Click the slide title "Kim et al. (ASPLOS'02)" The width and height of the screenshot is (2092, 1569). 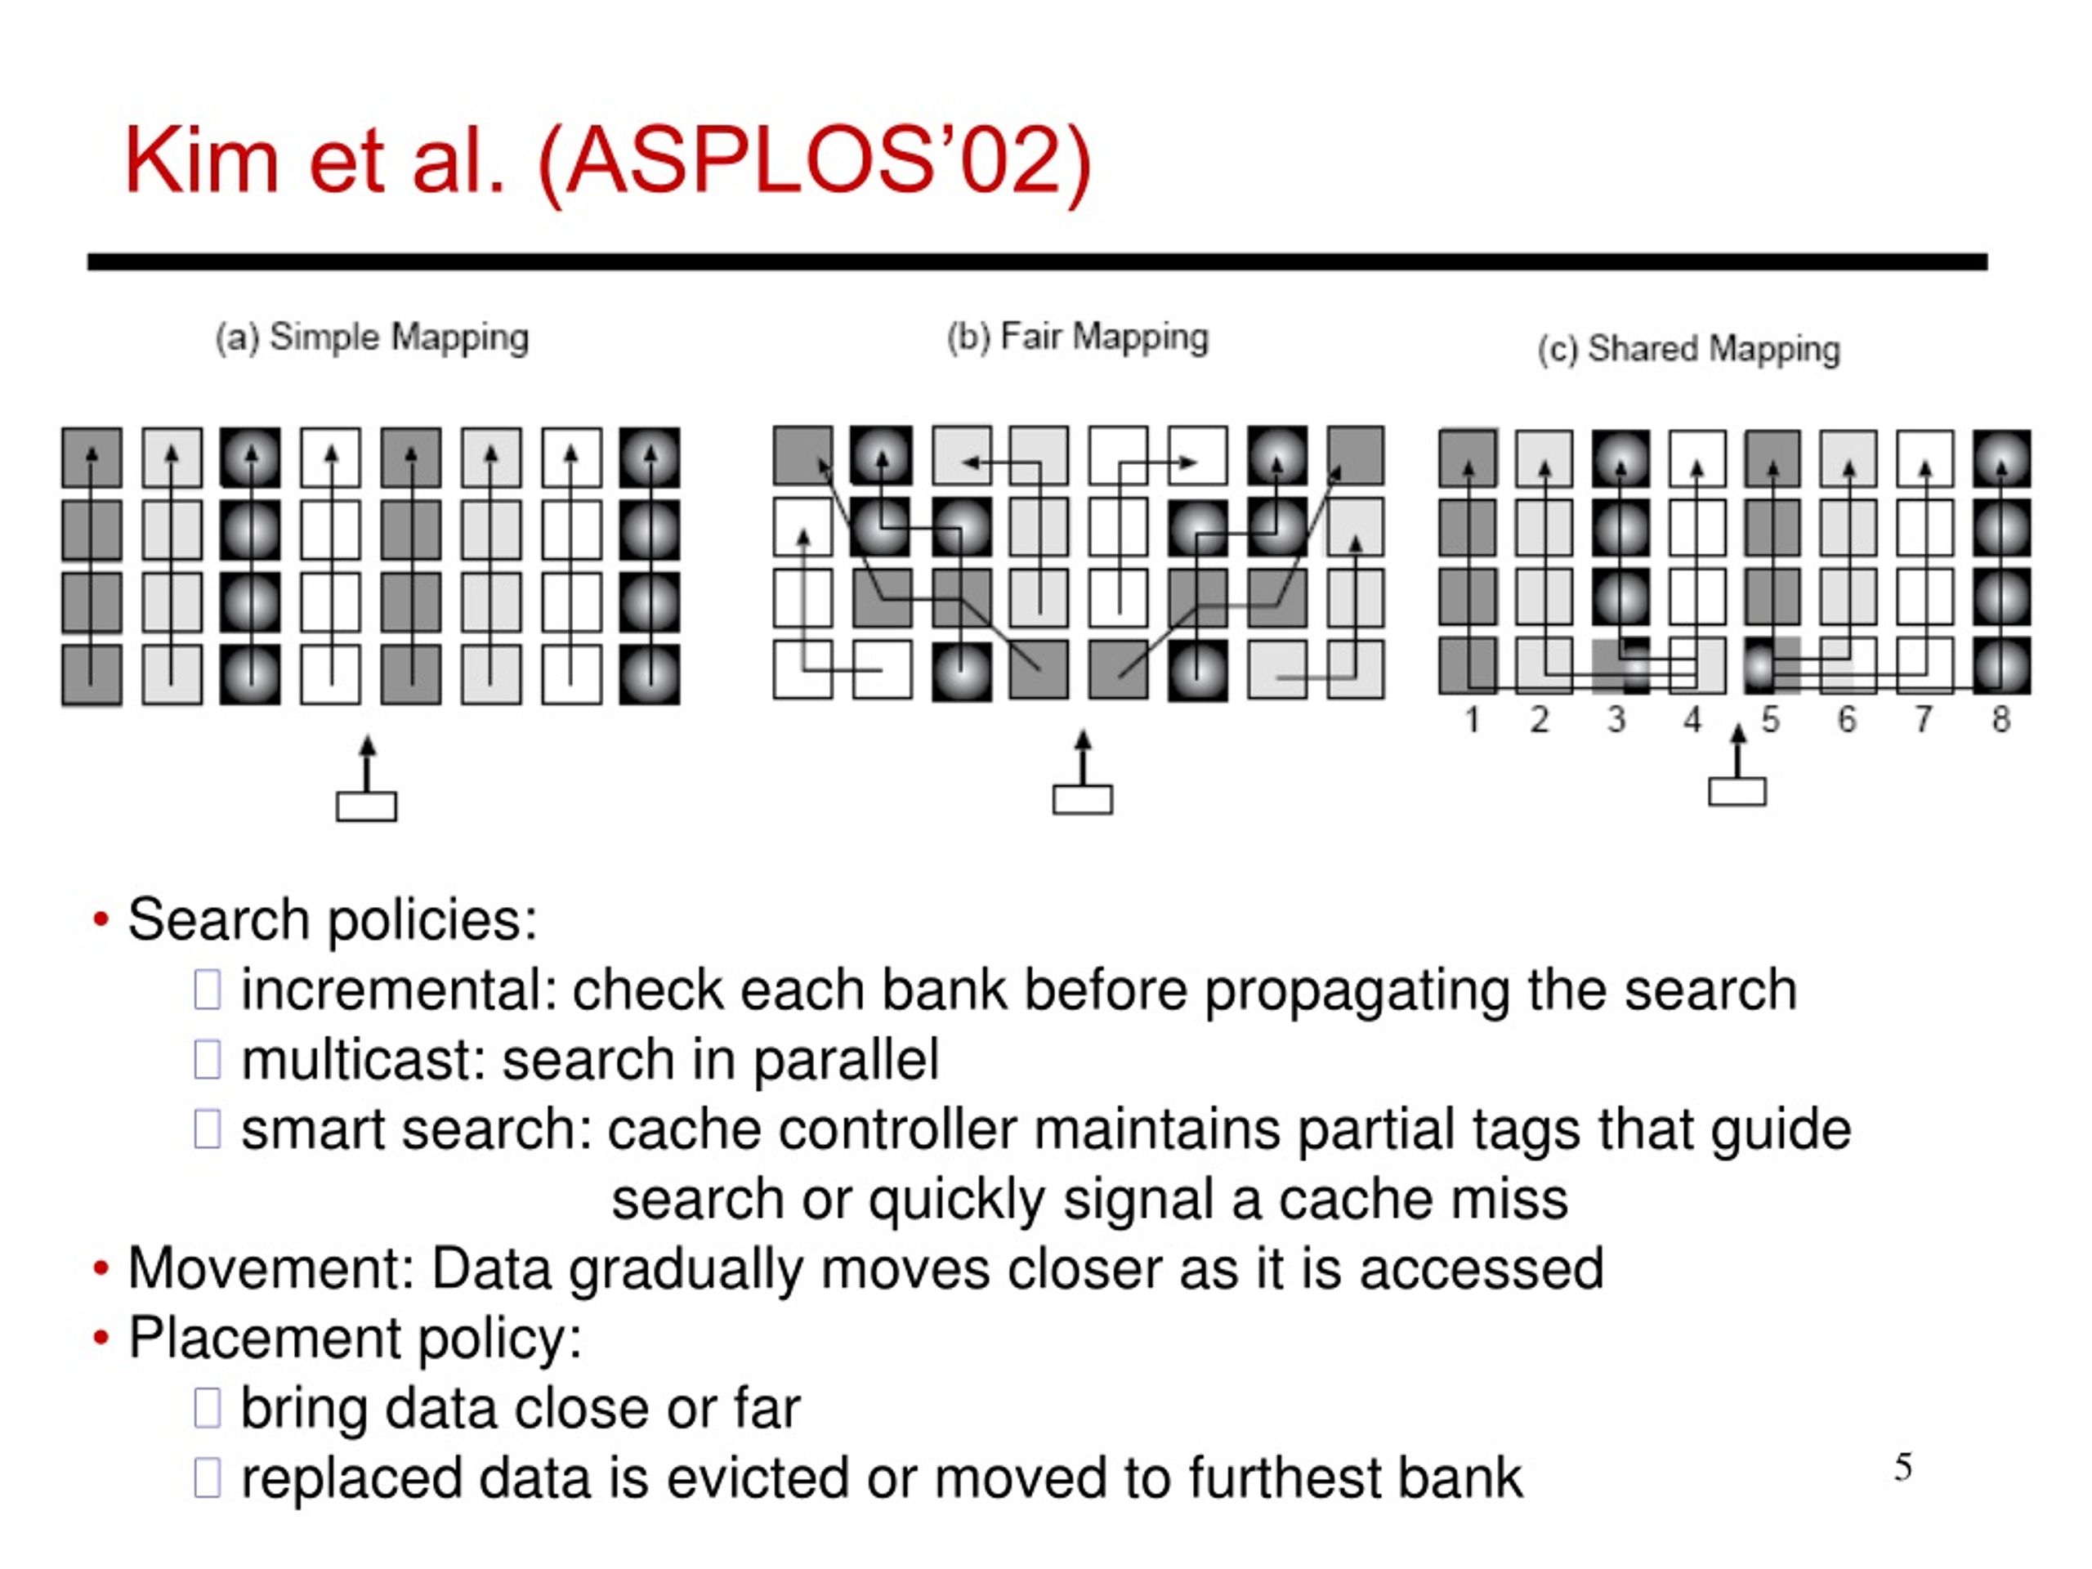coord(608,162)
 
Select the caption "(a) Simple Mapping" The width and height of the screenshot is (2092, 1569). coord(372,337)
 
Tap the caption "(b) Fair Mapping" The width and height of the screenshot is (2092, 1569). coord(1078,337)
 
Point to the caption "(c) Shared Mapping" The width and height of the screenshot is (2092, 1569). coord(1689,350)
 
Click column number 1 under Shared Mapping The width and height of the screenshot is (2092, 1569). coord(1472,720)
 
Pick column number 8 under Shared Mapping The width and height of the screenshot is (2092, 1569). coord(2000,720)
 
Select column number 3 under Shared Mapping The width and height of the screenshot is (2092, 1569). coord(1616,720)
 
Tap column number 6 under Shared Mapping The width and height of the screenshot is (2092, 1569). coord(1847,720)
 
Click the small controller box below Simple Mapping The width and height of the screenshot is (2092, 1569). coord(367,807)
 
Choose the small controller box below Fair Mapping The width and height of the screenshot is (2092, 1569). coord(1083,799)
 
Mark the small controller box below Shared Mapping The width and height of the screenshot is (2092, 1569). coord(1737,792)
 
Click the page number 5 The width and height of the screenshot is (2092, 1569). coord(1904,1468)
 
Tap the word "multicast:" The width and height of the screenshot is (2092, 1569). coord(363,1059)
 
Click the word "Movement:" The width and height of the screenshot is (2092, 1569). coord(271,1268)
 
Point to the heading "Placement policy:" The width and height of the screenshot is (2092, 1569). coord(355,1339)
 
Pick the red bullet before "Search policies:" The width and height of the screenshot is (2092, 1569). coord(101,919)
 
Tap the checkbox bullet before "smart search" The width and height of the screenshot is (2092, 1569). coord(207,1129)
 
